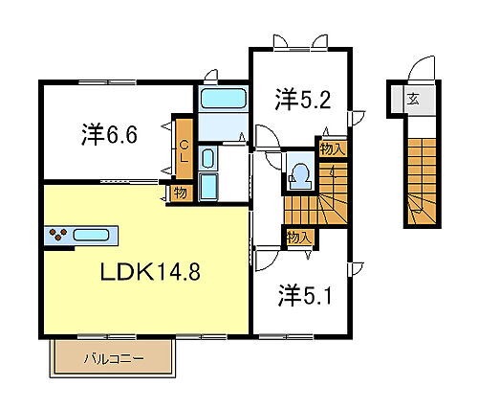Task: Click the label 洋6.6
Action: [110, 134]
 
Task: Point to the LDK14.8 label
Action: [150, 271]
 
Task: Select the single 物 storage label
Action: [179, 193]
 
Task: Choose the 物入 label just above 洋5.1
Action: [297, 236]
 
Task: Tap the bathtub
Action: [223, 99]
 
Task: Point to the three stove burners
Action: [55, 235]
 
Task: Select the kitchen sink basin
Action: [91, 235]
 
